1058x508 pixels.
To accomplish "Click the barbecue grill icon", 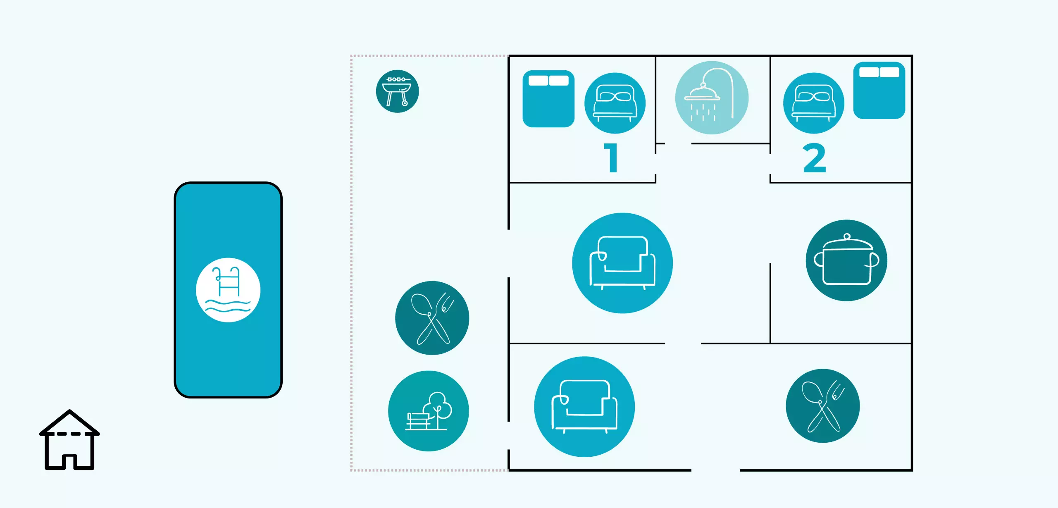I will tap(397, 91).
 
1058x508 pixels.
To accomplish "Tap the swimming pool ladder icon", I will tap(228, 290).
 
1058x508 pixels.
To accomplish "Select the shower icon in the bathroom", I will tap(711, 98).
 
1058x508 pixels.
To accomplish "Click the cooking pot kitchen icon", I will tap(846, 260).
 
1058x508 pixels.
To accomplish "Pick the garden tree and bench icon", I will tap(429, 411).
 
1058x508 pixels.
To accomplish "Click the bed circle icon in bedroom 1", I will tap(615, 103).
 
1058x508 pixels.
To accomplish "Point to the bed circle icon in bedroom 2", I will tap(813, 103).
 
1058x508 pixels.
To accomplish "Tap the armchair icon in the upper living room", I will tap(622, 263).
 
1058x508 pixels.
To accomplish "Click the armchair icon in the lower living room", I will tap(584, 406).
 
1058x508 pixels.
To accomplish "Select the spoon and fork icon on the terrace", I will tap(432, 318).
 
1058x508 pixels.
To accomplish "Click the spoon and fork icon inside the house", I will tap(822, 405).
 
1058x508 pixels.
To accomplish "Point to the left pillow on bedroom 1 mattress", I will tap(538, 80).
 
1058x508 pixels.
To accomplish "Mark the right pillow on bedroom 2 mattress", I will tap(889, 72).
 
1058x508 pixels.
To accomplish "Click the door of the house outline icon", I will tap(69, 462).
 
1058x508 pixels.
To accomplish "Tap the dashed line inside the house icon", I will tap(69, 434).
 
